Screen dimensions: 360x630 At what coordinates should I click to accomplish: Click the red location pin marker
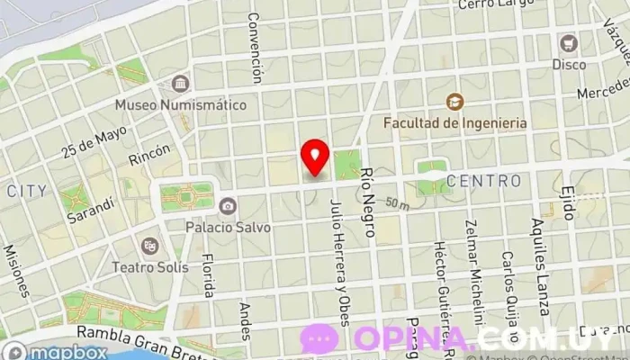point(314,157)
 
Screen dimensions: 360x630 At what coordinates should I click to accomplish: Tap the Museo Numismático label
point(180,104)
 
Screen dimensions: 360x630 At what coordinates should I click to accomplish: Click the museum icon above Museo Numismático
point(180,83)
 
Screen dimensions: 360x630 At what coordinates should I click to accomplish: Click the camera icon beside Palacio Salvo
point(228,206)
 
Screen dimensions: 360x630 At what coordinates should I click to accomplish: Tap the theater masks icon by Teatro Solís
point(149,245)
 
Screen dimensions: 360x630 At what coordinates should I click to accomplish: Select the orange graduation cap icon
point(454,101)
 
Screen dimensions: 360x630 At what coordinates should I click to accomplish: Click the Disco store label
point(568,64)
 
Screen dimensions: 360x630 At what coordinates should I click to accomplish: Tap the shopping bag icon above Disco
point(568,43)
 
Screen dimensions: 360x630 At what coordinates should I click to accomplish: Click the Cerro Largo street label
point(490,5)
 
